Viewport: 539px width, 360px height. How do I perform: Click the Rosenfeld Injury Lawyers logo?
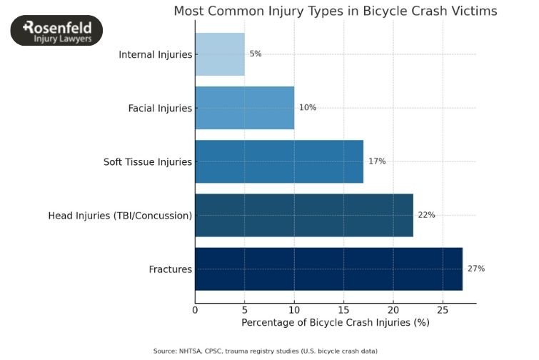point(56,31)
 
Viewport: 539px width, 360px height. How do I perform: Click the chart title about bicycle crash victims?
point(336,11)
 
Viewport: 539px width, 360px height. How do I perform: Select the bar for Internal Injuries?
point(220,54)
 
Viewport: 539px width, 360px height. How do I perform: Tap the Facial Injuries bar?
point(244,108)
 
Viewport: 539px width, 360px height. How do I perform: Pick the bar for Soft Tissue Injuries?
point(279,161)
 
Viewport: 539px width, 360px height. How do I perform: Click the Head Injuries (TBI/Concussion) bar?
point(304,215)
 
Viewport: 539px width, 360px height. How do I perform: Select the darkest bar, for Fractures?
point(328,269)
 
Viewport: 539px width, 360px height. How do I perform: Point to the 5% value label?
point(256,54)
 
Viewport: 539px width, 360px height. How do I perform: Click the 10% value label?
point(308,108)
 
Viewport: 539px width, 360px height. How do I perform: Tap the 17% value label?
point(377,161)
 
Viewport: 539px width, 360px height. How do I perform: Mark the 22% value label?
point(426,215)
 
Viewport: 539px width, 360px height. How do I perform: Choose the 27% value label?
point(476,269)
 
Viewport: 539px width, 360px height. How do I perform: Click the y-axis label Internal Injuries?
point(156,54)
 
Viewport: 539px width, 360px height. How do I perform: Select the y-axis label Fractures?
point(171,269)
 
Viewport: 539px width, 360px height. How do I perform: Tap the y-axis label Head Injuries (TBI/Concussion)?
point(120,215)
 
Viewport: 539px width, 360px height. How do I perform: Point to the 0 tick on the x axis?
point(195,309)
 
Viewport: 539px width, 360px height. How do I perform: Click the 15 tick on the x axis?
point(343,309)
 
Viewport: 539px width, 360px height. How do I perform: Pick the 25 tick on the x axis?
point(443,309)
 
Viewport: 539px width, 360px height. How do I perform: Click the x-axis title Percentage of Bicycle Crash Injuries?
point(336,323)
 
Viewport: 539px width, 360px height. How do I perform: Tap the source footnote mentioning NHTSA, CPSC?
point(266,351)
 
